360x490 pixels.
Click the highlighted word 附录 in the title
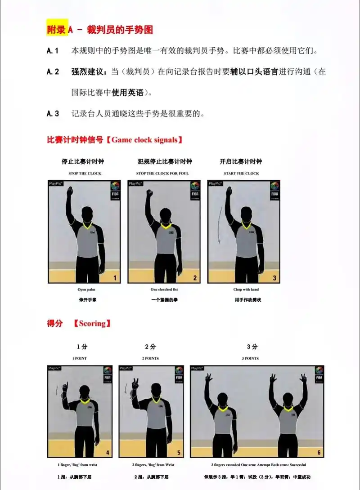[57, 30]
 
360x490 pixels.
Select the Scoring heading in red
[92, 324]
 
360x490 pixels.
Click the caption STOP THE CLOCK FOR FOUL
[162, 173]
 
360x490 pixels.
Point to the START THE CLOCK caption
[241, 173]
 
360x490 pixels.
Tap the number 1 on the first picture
[115, 278]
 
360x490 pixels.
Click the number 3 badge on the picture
[274, 278]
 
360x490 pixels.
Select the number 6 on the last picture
[319, 453]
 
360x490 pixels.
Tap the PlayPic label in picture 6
[197, 368]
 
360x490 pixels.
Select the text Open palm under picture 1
[86, 290]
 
